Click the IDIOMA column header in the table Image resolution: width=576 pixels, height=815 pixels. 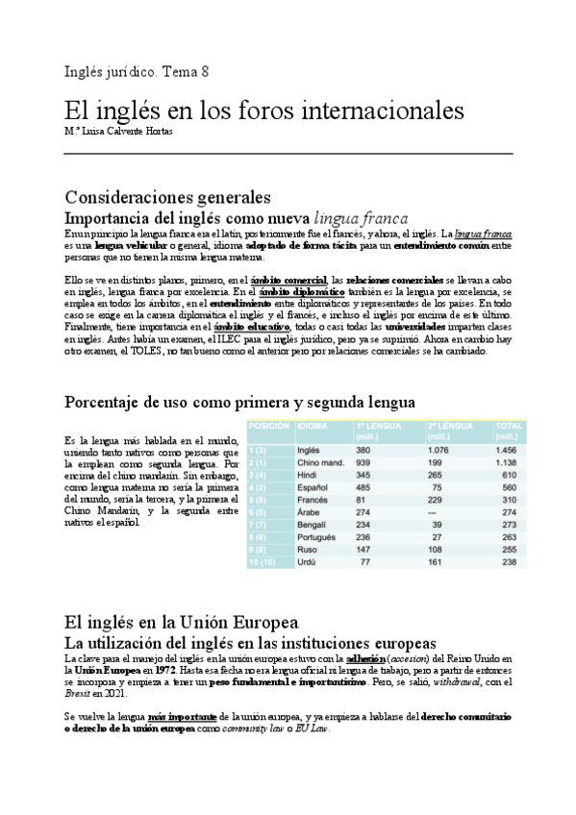pos(313,425)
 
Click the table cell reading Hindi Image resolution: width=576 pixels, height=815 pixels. pos(309,475)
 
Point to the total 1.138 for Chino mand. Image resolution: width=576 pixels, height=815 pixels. pos(504,462)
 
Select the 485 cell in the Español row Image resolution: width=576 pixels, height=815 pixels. pos(363,487)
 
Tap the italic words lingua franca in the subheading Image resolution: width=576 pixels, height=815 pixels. pos(363,218)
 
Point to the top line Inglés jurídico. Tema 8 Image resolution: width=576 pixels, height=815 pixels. pos(136,72)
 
